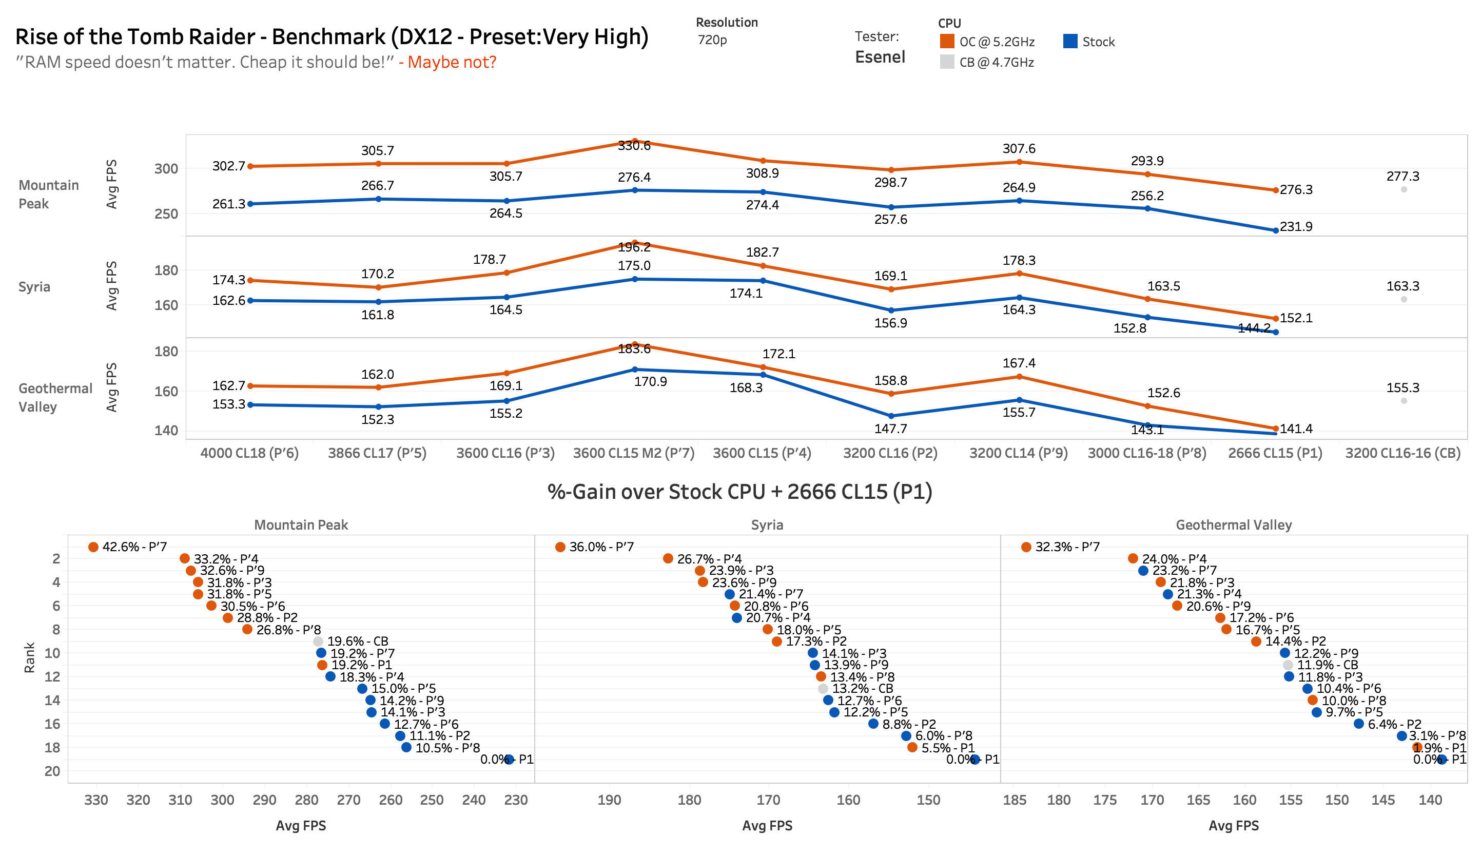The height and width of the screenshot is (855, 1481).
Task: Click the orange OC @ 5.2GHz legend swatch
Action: point(946,41)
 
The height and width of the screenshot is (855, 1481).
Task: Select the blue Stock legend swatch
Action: point(1069,41)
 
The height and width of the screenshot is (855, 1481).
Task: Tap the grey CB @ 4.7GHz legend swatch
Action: point(946,62)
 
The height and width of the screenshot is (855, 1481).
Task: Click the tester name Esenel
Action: point(880,57)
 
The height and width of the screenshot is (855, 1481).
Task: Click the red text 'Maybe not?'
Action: point(452,62)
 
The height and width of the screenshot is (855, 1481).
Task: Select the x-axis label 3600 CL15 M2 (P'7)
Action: point(633,453)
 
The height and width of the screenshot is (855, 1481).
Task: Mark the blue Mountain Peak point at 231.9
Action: point(1276,230)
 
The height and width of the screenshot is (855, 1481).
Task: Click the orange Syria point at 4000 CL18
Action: point(250,280)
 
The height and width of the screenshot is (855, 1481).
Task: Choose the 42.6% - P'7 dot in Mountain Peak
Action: point(93,547)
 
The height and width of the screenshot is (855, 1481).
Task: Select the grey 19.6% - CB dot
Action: point(318,642)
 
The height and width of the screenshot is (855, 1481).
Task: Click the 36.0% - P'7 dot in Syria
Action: point(560,547)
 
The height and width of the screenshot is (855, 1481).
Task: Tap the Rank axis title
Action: point(29,657)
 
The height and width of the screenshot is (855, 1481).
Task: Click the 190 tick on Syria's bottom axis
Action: point(609,800)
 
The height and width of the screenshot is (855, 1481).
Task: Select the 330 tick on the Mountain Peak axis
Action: point(96,800)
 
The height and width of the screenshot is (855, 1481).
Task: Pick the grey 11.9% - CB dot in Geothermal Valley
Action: point(1288,665)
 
